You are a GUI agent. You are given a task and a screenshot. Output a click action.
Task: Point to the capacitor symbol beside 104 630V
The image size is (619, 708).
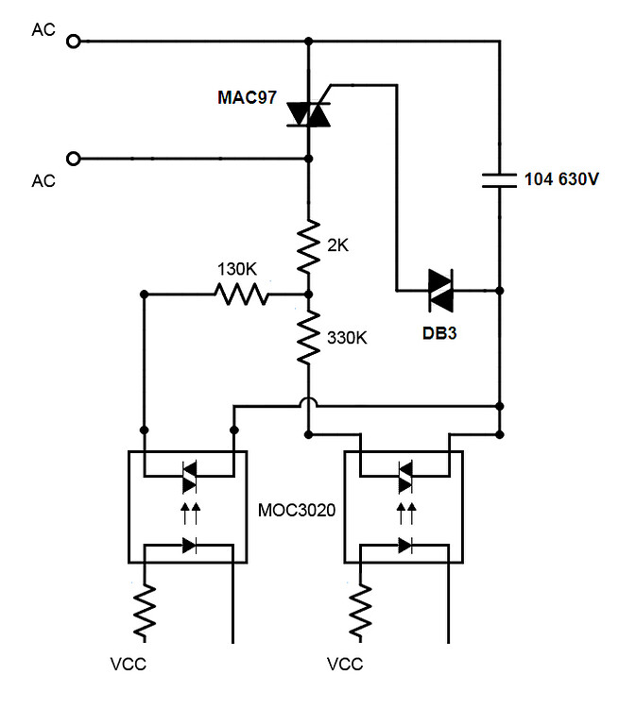(x=498, y=179)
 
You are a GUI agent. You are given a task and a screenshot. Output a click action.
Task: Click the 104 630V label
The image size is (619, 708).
(x=561, y=179)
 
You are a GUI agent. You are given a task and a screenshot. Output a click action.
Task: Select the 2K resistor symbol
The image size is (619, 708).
(x=309, y=244)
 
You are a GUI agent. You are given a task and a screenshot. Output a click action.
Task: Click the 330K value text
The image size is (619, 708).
(x=348, y=336)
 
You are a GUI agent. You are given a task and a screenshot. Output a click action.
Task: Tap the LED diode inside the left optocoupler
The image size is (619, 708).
(x=189, y=545)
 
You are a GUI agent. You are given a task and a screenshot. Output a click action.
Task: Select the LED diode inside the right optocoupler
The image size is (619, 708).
(x=406, y=545)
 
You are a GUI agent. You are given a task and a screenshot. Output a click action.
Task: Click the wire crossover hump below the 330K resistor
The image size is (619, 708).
(x=309, y=407)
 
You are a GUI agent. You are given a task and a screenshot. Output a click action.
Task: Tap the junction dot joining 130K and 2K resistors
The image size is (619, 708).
(x=309, y=295)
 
